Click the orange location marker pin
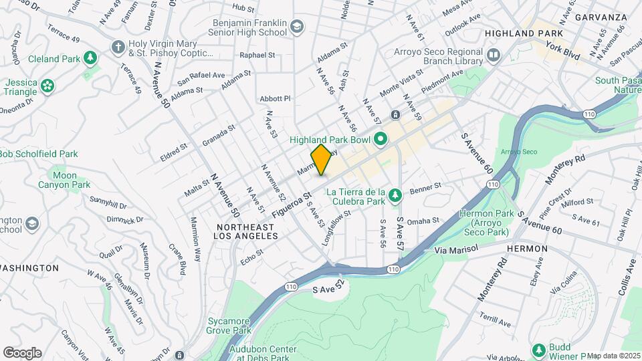click(321, 160)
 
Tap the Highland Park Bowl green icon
click(381, 140)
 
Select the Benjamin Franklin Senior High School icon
click(297, 27)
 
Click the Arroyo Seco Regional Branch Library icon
click(494, 54)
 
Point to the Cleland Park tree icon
click(90, 59)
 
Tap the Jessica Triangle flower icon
click(47, 85)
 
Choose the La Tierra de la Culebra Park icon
click(396, 195)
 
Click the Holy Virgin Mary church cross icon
click(118, 46)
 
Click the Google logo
click(22, 352)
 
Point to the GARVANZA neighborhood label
click(601, 17)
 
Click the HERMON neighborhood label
click(527, 249)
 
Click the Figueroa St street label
click(292, 205)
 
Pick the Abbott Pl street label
click(276, 98)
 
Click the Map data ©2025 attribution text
click(613, 356)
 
